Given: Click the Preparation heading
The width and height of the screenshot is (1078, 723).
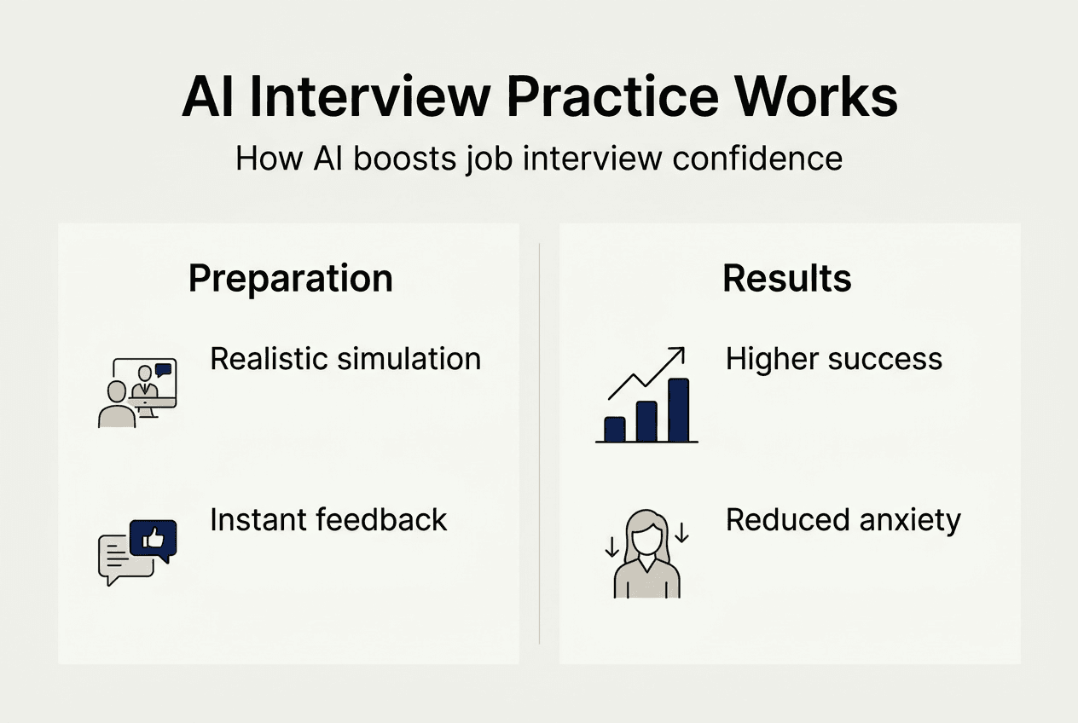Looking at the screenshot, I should coord(290,279).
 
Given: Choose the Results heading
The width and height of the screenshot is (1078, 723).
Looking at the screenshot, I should coord(787,279).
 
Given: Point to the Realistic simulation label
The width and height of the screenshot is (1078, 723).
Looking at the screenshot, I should coord(345,359).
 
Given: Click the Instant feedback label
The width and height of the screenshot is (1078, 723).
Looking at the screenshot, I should coord(328,519).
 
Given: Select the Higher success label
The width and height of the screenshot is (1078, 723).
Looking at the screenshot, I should coord(833,359).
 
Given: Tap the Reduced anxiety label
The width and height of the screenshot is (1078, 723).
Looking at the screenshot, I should coord(843,519).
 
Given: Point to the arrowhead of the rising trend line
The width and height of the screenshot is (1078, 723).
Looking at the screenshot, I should coord(678,352).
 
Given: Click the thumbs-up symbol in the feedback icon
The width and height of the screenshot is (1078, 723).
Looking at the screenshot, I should coord(154,538).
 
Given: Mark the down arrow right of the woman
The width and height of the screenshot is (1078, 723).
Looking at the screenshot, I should coord(682,534).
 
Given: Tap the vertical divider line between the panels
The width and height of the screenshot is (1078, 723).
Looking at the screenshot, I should coord(540,443).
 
